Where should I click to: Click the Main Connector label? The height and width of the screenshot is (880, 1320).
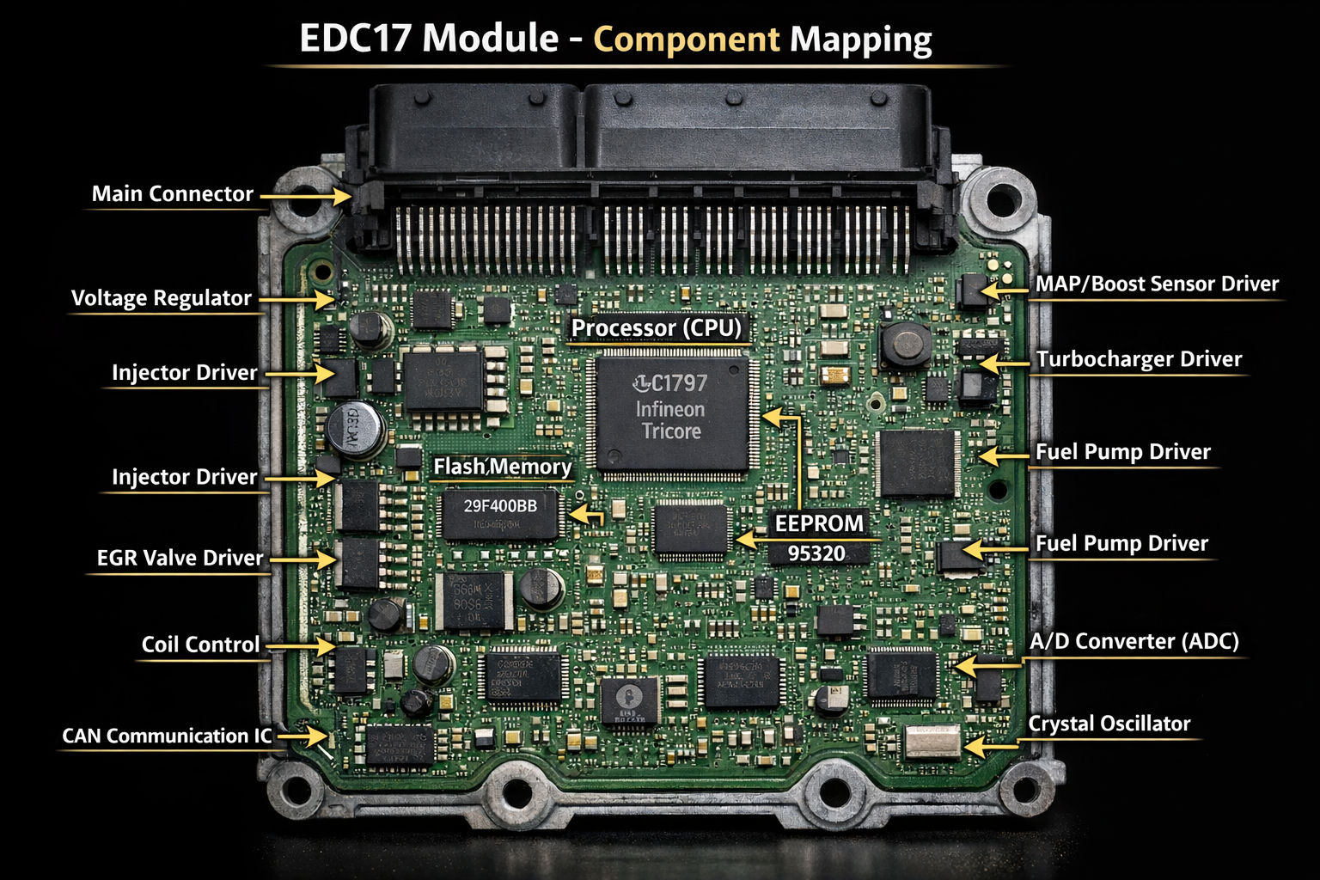[172, 194]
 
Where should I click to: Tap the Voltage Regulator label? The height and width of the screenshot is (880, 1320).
[161, 298]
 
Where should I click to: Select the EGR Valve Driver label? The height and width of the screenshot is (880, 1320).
[180, 558]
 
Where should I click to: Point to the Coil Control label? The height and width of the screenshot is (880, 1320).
[200, 645]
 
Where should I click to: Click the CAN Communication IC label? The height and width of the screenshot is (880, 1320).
[167, 736]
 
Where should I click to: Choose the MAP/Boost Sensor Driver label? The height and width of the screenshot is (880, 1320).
[1157, 284]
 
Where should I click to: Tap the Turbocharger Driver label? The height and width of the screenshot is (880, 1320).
[1139, 359]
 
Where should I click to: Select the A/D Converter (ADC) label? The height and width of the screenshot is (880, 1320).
[1134, 641]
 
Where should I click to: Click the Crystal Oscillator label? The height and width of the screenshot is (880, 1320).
[1109, 724]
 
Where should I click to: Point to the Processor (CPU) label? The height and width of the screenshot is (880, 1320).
[656, 327]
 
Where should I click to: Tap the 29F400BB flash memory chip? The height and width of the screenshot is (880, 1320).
[500, 513]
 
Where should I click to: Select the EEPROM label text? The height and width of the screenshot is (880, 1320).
[818, 523]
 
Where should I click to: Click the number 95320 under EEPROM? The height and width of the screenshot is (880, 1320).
[816, 553]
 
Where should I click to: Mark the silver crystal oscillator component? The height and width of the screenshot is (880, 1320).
[932, 741]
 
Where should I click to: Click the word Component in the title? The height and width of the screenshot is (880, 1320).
[687, 40]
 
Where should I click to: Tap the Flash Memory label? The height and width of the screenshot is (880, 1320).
[502, 467]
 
